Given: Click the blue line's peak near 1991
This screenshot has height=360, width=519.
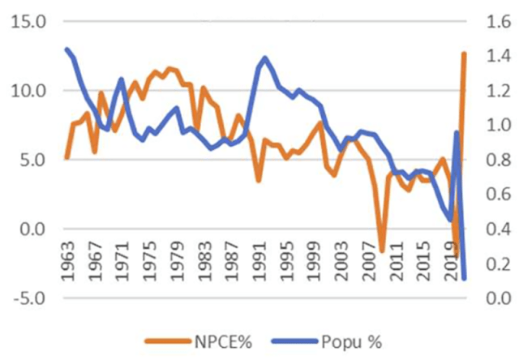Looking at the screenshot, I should pyautogui.click(x=265, y=58).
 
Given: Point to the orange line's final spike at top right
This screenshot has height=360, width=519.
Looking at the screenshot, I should pyautogui.click(x=464, y=54).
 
